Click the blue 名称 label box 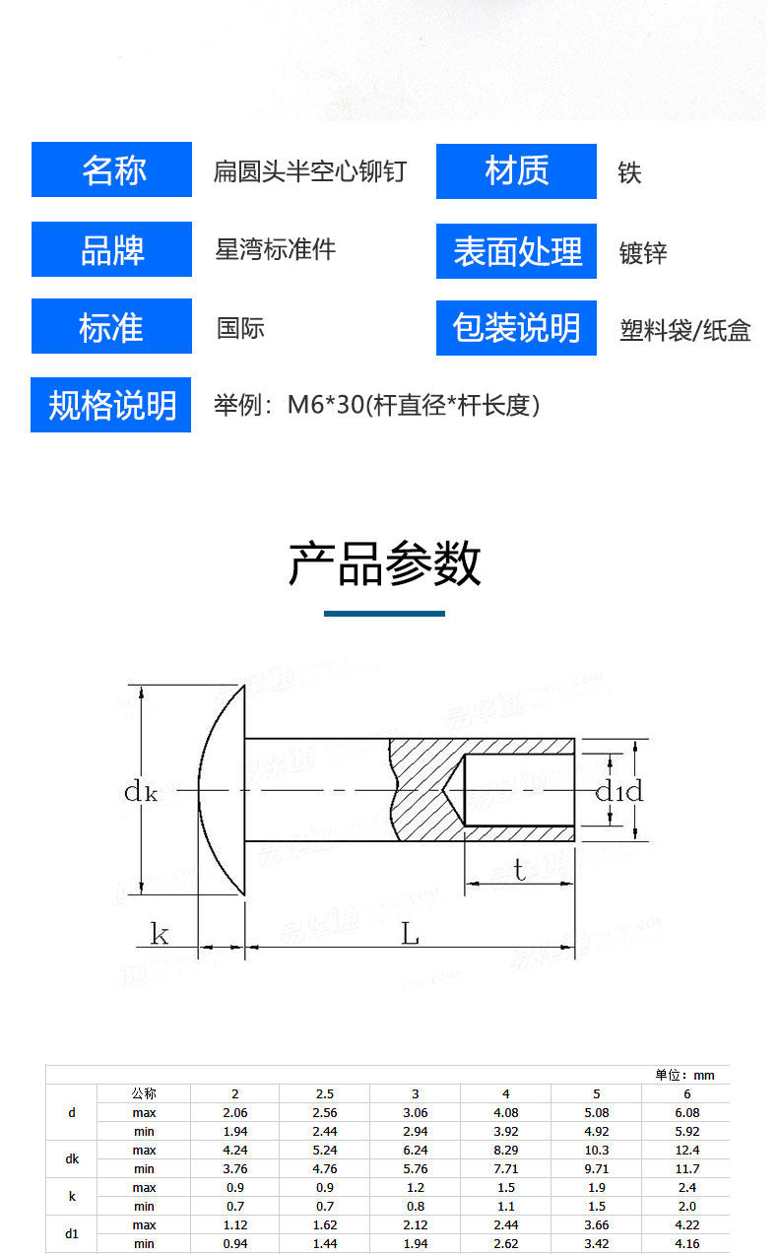click(111, 169)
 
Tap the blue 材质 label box click(516, 171)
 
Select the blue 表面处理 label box click(516, 251)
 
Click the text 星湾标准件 click(276, 249)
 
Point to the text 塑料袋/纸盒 click(684, 330)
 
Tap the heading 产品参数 click(384, 564)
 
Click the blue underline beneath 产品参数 click(384, 614)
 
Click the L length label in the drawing click(410, 934)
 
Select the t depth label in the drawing click(519, 870)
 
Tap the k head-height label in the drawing click(159, 933)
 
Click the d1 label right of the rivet click(610, 791)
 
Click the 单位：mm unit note click(684, 1075)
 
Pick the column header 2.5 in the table click(324, 1093)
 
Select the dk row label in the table click(72, 1159)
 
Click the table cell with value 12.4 click(686, 1150)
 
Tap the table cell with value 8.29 click(505, 1150)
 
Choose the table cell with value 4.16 click(686, 1243)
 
